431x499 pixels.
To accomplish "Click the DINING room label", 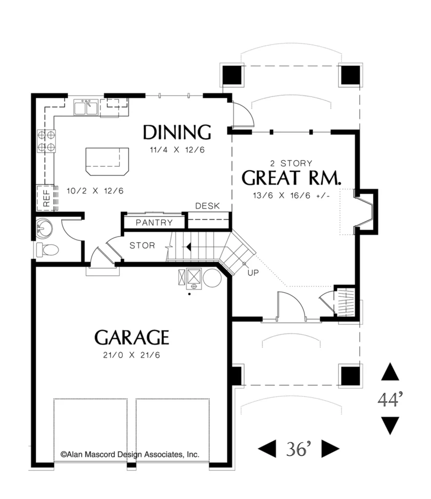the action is (x=176, y=133).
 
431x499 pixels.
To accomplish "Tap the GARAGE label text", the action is (x=132, y=338).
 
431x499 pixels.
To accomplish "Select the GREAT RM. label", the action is (x=291, y=178).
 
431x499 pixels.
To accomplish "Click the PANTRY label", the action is (x=154, y=222).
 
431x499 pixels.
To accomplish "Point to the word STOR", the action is (x=142, y=246).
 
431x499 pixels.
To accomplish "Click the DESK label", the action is (x=208, y=206).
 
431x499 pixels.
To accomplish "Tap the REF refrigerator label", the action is (x=46, y=198).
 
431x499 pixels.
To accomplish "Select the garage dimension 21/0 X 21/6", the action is (x=132, y=355).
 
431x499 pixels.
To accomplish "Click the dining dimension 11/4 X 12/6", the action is (x=177, y=150).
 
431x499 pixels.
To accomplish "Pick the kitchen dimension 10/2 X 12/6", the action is (x=95, y=191).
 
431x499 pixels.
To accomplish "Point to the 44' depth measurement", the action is (x=390, y=399).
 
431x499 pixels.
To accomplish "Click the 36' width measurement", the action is (x=298, y=449).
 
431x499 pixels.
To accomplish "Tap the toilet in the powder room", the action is (x=47, y=249).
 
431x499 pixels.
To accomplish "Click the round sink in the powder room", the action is (x=44, y=229).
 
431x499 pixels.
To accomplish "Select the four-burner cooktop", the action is (x=46, y=141).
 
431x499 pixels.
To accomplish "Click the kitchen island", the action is (x=107, y=161).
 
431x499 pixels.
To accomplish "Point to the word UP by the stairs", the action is (x=254, y=273).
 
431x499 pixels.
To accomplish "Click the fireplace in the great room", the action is (x=366, y=211).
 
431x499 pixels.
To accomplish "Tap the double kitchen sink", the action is (x=86, y=107).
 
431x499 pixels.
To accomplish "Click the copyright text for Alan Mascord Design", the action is (x=130, y=455).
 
